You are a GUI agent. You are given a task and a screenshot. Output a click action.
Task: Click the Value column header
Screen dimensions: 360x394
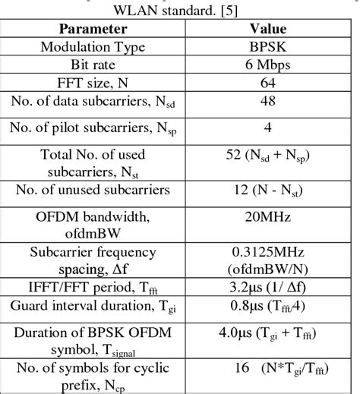tap(268, 30)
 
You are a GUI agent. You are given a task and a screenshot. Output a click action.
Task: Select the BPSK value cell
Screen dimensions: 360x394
tap(268, 46)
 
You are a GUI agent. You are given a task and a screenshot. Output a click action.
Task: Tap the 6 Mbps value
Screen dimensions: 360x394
tap(268, 64)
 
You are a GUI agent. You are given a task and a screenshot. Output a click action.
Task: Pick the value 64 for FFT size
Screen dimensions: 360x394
tap(268, 81)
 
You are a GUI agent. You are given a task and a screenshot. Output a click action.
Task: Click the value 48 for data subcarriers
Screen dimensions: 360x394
tap(268, 100)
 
